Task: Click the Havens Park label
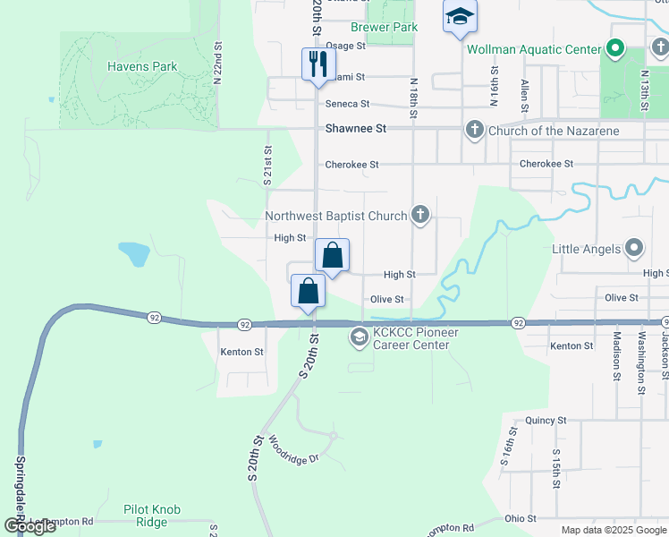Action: (x=141, y=66)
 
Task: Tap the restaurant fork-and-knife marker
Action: (x=318, y=64)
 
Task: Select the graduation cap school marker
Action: (x=460, y=17)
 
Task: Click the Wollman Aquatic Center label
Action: (x=534, y=47)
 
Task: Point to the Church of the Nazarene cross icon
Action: (x=474, y=131)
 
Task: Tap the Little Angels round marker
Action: (x=634, y=247)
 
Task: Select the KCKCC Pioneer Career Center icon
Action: (x=359, y=337)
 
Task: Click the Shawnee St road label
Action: (x=355, y=129)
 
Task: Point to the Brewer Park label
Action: (x=384, y=28)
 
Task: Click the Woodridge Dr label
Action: (x=293, y=453)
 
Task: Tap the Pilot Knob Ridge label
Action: (x=152, y=516)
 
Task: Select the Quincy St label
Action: (x=547, y=420)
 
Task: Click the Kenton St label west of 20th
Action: (x=241, y=353)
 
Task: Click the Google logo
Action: (x=29, y=526)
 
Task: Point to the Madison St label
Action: (x=617, y=359)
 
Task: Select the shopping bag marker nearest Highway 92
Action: (x=308, y=292)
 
